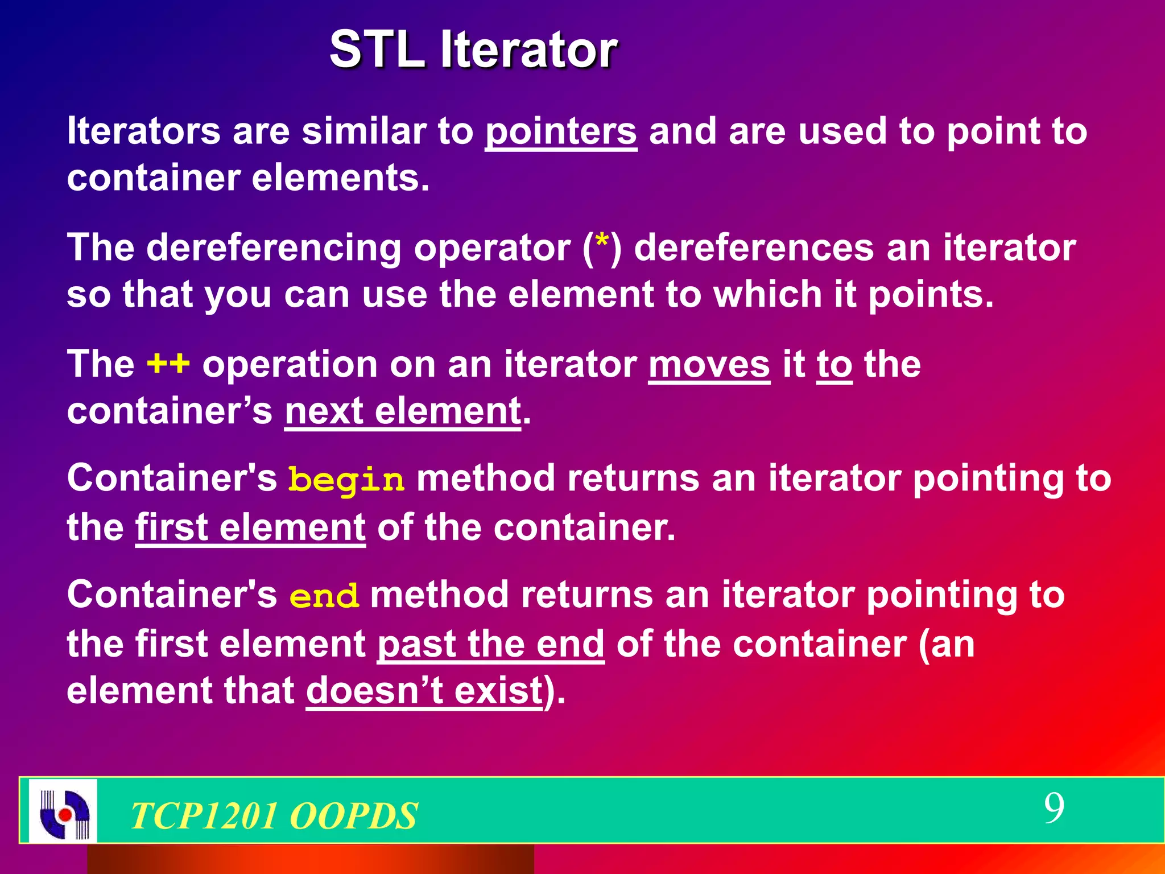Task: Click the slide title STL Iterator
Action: (x=473, y=50)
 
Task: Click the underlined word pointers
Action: (x=560, y=132)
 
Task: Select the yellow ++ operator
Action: (x=168, y=364)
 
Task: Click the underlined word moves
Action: (x=709, y=365)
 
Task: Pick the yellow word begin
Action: (x=346, y=480)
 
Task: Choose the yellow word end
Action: (x=324, y=596)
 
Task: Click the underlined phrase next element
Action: (x=403, y=411)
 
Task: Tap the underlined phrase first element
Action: (x=250, y=527)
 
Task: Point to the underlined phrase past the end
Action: (x=490, y=644)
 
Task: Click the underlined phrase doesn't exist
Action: (x=424, y=691)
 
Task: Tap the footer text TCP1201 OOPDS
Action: (x=274, y=815)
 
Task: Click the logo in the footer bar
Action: (x=63, y=811)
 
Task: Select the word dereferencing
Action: (x=274, y=249)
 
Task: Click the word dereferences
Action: (x=753, y=249)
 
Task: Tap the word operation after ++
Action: (x=290, y=365)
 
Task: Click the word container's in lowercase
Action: (x=170, y=411)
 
